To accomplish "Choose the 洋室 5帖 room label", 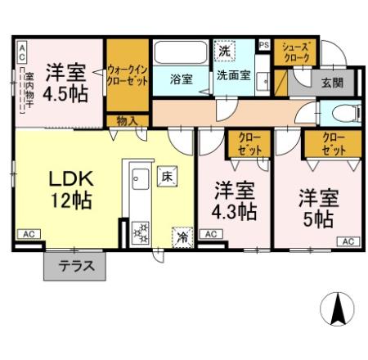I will (x=317, y=207).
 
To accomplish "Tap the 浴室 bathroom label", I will (x=182, y=79).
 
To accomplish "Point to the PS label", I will (x=263, y=45).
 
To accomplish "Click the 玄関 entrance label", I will (x=331, y=82).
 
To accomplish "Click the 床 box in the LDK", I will (x=166, y=175).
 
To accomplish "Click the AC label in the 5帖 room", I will (x=347, y=241).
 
